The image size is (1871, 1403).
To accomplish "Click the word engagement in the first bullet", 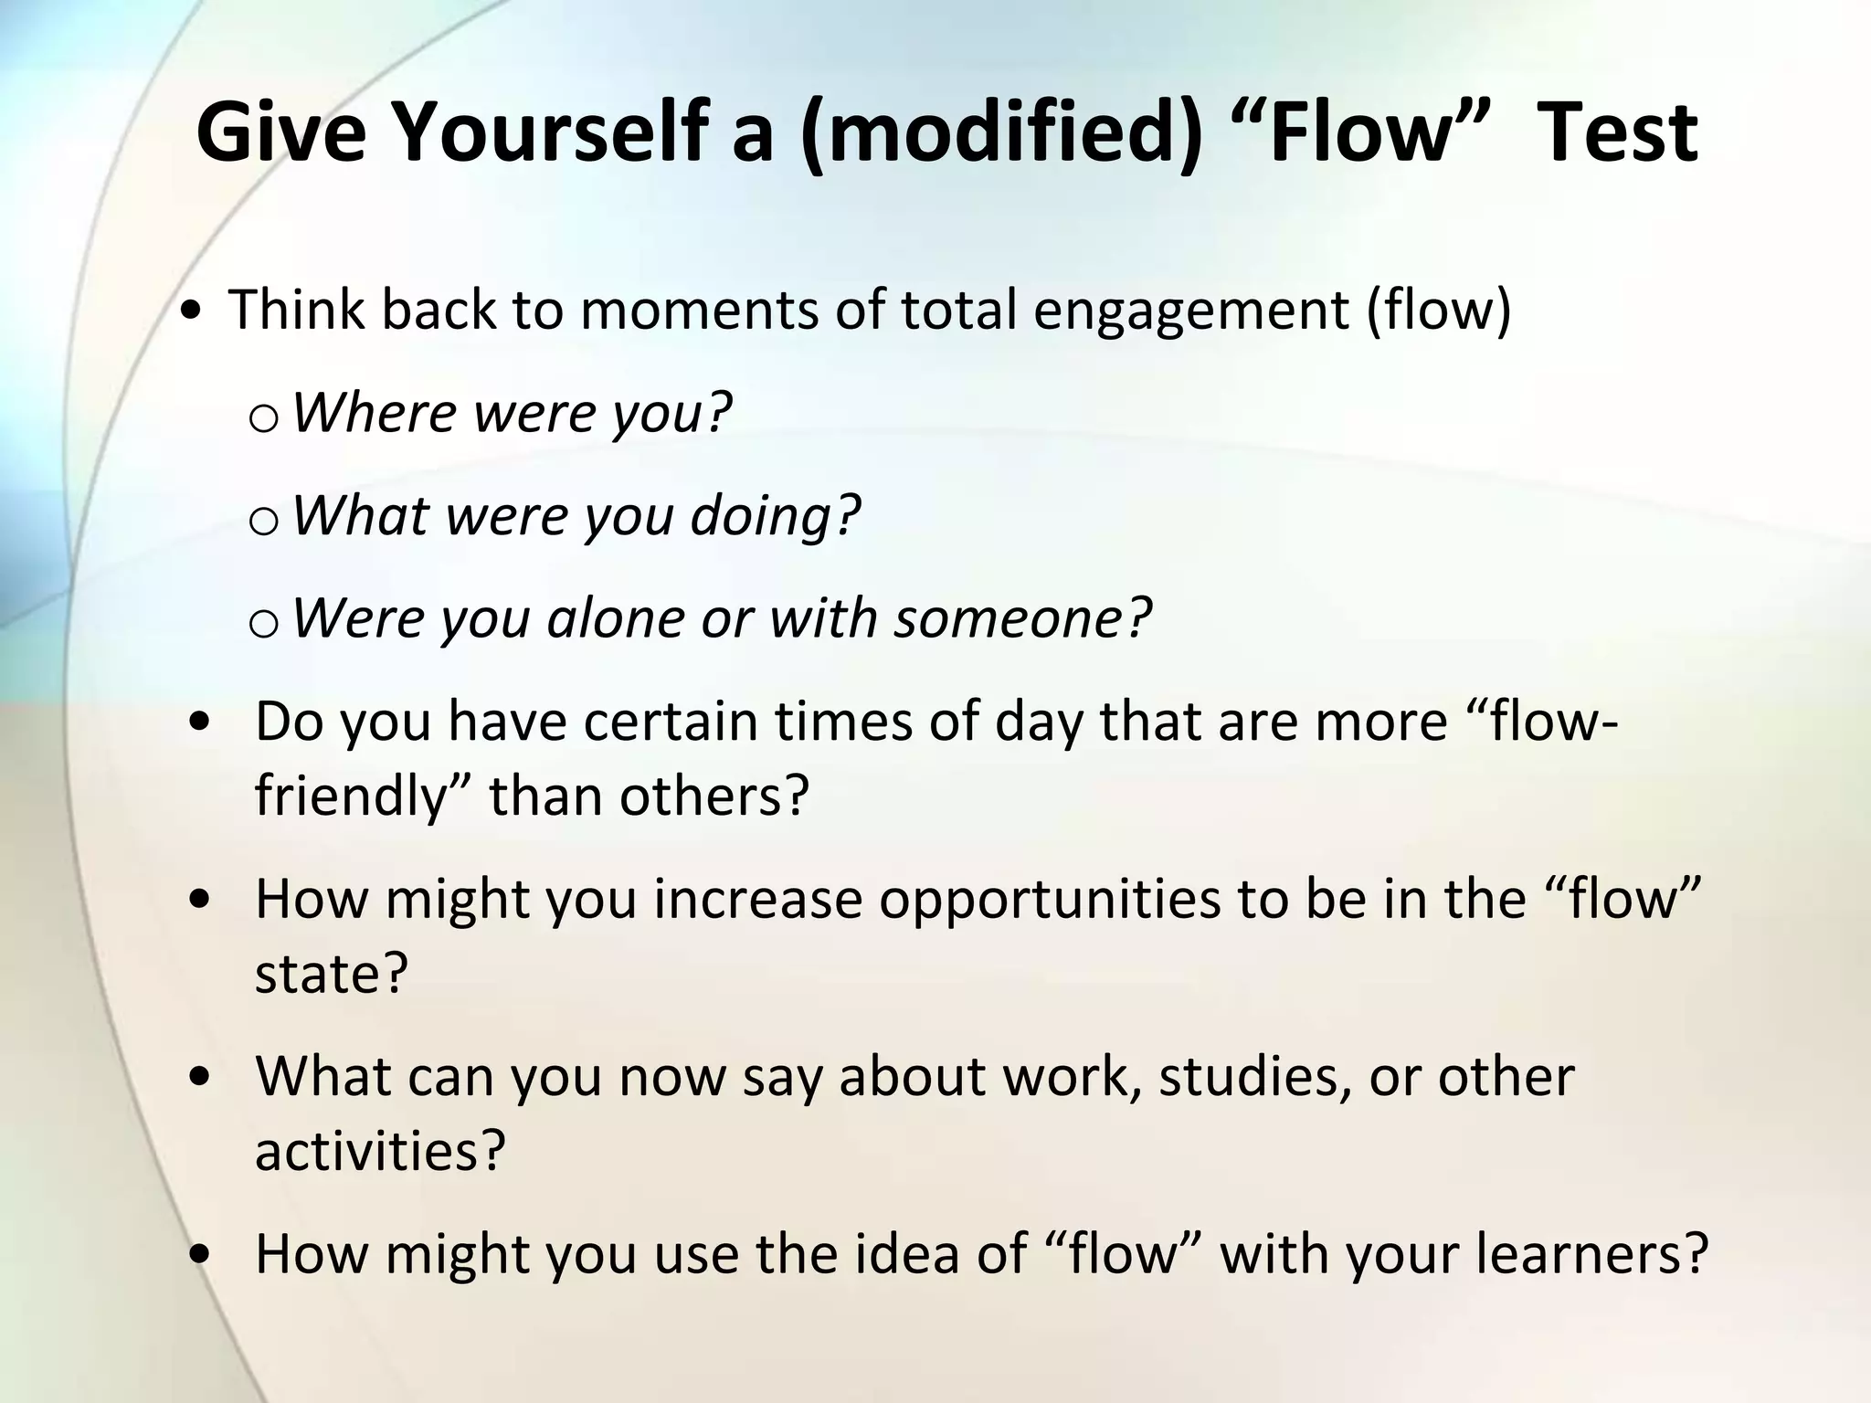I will (1190, 311).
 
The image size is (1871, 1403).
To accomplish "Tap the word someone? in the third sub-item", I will (1023, 618).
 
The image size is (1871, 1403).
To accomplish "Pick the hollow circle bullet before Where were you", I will (263, 419).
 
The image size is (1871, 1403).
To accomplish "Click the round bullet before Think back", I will (193, 313).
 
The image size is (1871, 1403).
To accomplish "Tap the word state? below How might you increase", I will (330, 974).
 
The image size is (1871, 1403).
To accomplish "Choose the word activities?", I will (379, 1151).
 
